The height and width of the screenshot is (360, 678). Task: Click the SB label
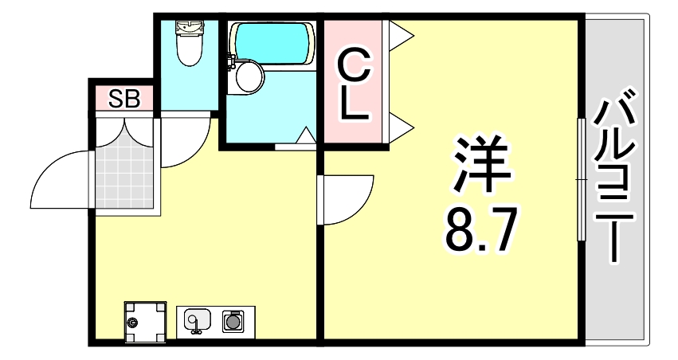124,100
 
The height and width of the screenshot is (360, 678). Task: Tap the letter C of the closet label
355,64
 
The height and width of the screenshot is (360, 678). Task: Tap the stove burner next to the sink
233,322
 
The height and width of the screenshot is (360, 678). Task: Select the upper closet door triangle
401,33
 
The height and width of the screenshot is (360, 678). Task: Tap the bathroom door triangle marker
305,136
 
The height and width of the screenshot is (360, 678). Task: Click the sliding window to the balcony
582,179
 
